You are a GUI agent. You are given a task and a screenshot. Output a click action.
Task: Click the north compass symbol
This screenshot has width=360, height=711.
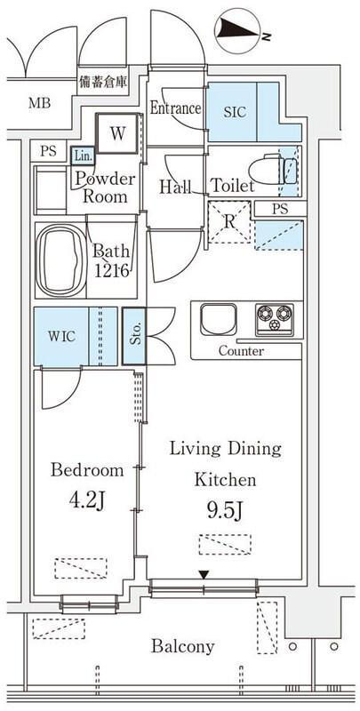238,30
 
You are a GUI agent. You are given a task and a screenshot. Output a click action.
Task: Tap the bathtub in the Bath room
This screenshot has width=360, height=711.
61,260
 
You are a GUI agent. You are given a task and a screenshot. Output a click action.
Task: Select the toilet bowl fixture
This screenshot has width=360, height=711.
273,171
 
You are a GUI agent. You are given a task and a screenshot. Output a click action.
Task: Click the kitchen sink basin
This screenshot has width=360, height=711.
219,319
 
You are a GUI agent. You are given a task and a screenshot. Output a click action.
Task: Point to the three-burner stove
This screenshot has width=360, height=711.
275,319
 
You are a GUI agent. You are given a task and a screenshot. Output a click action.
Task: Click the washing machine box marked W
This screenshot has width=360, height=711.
117,133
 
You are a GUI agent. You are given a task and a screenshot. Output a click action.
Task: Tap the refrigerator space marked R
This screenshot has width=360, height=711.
229,222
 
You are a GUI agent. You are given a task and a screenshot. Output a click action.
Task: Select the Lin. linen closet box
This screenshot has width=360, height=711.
83,156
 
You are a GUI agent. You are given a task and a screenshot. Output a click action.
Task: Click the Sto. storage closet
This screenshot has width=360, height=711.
134,336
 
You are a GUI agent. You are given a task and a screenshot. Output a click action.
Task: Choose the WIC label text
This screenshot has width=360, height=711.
61,337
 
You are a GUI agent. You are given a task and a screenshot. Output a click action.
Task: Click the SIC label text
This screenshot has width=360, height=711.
235,112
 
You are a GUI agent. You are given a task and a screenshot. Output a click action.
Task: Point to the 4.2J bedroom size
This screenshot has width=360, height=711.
87,501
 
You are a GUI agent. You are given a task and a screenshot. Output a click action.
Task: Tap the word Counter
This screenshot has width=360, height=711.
241,351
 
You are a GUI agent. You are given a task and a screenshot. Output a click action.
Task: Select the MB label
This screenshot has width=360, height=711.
39,103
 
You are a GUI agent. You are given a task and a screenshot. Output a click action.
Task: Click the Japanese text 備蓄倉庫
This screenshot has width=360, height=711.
103,82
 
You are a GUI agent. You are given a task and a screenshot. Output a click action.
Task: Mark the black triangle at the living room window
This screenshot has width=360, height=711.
204,575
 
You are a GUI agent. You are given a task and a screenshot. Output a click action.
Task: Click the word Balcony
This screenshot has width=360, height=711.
183,646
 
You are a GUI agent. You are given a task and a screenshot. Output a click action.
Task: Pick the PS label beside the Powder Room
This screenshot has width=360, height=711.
48,151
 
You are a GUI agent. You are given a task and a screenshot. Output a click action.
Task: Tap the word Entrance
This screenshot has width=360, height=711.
175,108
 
